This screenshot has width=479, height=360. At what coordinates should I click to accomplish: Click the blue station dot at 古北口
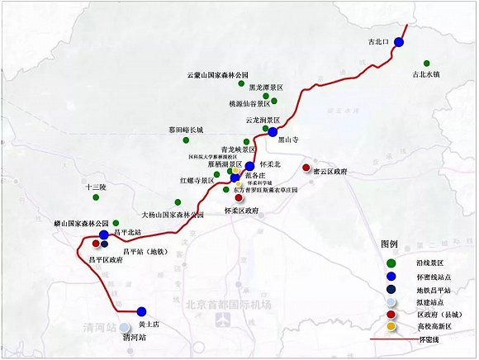400,41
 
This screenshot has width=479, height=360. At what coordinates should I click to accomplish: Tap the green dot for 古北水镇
426,63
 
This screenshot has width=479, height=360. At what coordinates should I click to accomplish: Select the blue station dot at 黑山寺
272,131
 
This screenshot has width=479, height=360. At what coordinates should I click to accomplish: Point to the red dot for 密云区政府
306,169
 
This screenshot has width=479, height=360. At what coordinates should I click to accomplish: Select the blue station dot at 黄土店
142,311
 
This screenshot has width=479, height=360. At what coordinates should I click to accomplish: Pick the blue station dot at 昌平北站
104,235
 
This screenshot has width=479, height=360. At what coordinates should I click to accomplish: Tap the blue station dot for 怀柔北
249,166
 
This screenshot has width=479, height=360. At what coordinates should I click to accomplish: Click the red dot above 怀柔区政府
239,198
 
